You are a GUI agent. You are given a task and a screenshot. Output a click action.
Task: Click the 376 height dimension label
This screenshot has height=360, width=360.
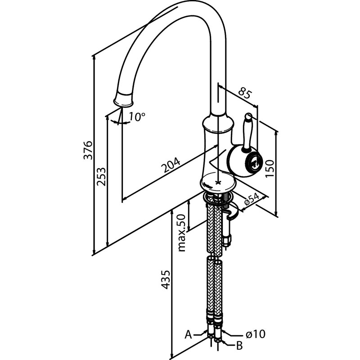coord(88,150)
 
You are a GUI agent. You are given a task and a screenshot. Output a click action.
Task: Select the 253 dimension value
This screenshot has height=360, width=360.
coord(101,177)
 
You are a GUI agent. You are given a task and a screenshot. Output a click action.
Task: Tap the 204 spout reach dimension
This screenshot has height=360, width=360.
coord(171,165)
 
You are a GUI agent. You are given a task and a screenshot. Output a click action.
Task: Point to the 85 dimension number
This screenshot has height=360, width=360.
coord(245,93)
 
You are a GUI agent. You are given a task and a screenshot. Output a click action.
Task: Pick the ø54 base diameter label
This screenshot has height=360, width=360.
coord(252,199)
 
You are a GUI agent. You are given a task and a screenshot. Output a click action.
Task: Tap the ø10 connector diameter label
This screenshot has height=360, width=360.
coord(256,334)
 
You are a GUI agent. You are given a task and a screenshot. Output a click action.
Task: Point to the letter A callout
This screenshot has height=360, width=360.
coord(188,335)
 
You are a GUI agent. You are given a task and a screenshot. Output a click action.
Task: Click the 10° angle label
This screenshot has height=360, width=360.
coord(137,117)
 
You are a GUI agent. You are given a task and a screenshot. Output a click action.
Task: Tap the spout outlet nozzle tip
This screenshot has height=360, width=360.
coord(123,99)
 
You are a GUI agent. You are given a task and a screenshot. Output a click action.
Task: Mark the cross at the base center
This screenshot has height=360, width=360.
coord(218,183)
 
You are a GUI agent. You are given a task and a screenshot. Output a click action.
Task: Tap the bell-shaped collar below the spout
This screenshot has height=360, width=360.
coord(218,124)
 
